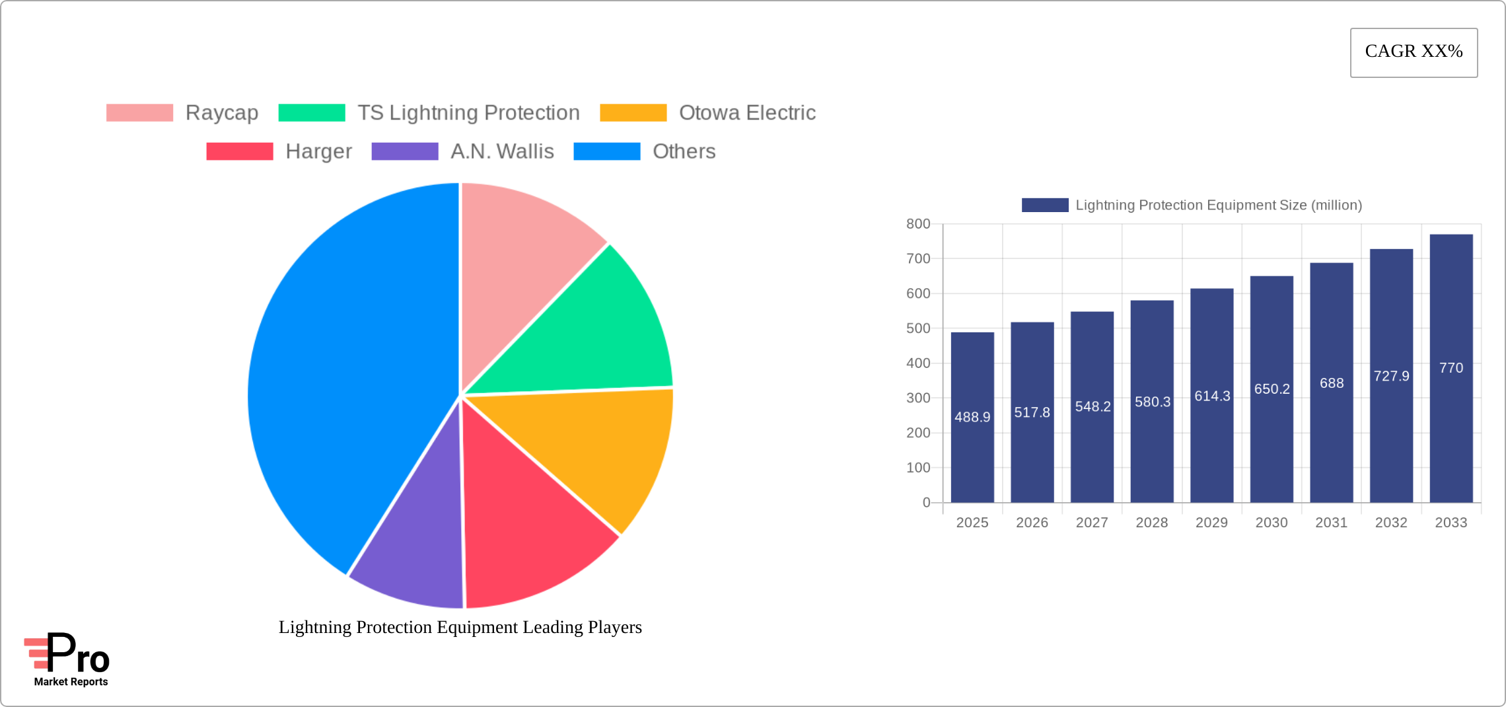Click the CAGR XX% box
1414,52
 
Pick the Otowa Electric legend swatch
633,113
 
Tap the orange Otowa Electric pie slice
594,449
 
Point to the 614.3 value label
1212,396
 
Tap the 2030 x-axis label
1272,523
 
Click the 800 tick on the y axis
918,224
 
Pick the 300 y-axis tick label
918,398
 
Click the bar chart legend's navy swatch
1045,205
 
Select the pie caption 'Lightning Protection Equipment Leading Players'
460,627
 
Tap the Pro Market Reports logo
68,659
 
